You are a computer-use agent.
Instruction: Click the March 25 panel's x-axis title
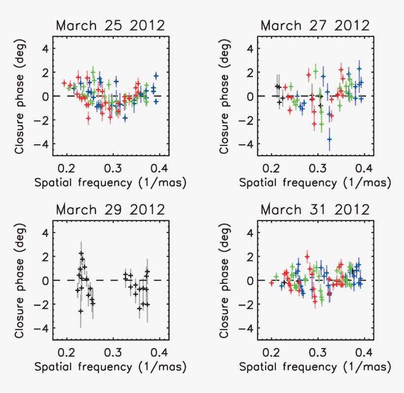[110, 183]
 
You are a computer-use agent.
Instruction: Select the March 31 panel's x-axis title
[315, 367]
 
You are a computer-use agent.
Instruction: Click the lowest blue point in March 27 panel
[329, 139]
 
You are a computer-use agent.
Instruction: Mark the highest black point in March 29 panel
[81, 254]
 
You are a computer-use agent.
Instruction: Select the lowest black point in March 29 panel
[80, 311]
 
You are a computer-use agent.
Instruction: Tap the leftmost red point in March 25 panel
[64, 83]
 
